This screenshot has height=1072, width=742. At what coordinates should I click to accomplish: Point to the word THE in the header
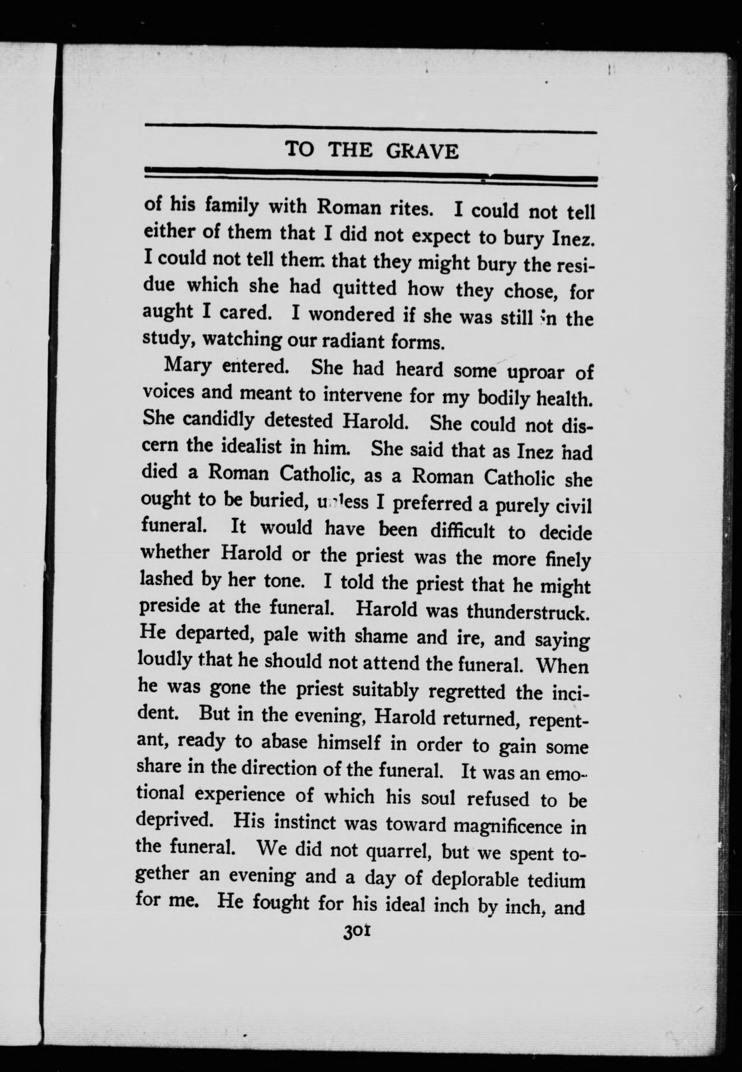[x=350, y=150]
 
